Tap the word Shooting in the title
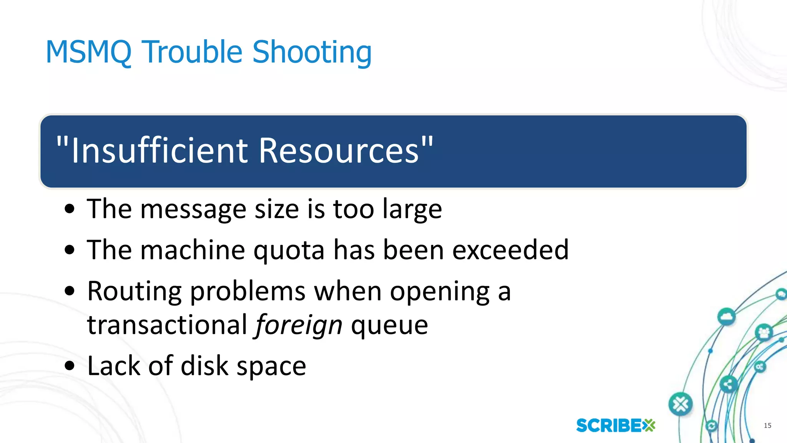[x=312, y=53]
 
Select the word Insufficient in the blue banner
[x=160, y=151]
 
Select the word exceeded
[x=510, y=250]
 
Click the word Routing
[x=134, y=292]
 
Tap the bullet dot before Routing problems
[x=70, y=291]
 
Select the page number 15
[x=767, y=425]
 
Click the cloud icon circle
[x=726, y=317]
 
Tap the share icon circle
[x=728, y=384]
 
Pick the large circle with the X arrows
[x=681, y=404]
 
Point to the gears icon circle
[x=760, y=366]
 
